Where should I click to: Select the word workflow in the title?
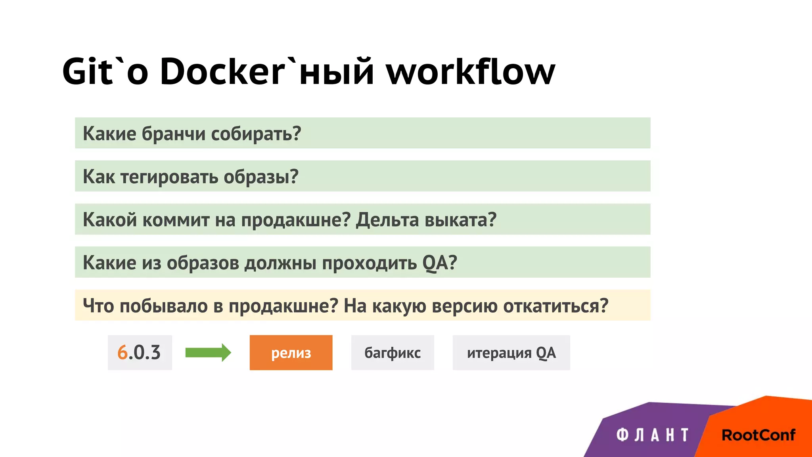click(471, 71)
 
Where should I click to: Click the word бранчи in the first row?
click(173, 134)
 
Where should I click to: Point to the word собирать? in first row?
click(256, 134)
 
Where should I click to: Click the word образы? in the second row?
click(261, 177)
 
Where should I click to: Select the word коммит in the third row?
click(176, 220)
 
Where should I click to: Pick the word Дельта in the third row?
click(387, 220)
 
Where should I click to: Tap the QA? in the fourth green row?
click(440, 263)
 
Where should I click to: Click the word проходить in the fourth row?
click(369, 263)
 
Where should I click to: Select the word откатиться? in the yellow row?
click(555, 306)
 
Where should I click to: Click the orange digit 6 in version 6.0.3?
click(122, 352)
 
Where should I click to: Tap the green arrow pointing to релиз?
click(208, 352)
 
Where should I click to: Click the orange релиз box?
click(291, 352)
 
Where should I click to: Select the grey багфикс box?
click(393, 352)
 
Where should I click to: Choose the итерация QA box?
click(511, 352)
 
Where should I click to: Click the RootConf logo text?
click(758, 435)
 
